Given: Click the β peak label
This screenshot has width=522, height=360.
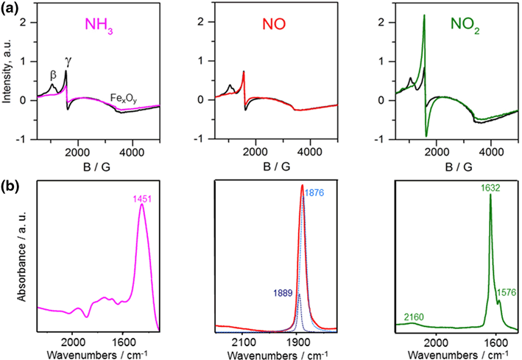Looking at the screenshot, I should [x=52, y=74].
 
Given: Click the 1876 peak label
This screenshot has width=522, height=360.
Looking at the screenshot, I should [x=314, y=192].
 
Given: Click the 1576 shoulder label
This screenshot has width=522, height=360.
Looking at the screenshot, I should [x=507, y=292].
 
